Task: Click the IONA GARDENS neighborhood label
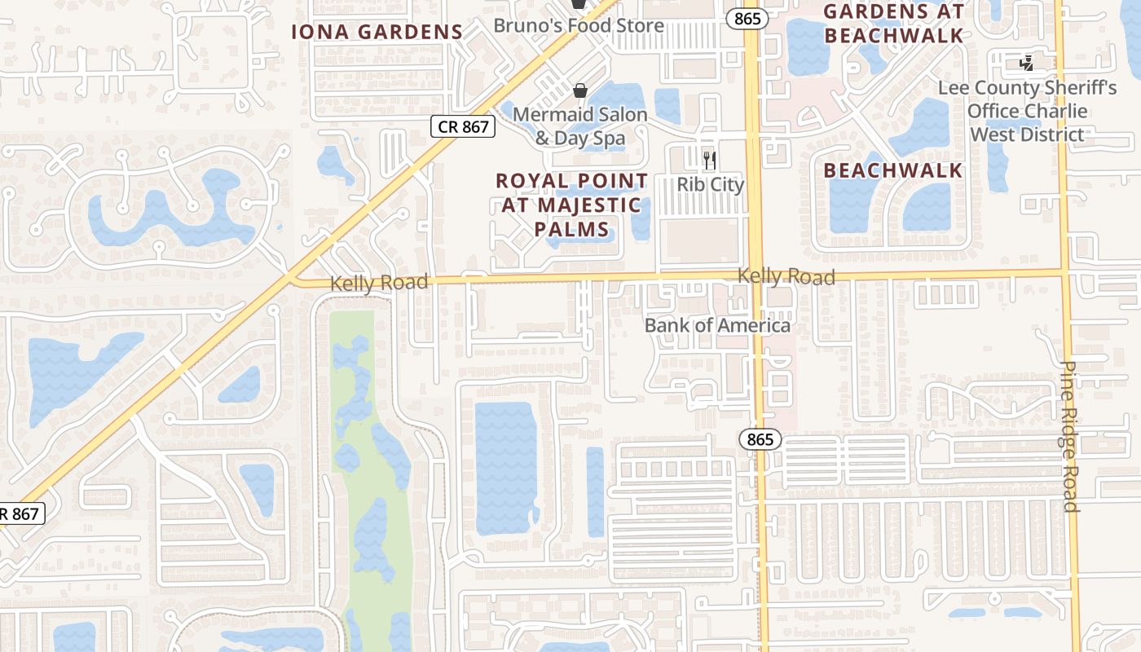coord(377,32)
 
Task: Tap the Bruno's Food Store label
coord(579,25)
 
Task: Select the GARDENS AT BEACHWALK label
coord(893,23)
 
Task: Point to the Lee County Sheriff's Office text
coord(1027,111)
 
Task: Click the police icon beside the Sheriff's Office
coord(1027,63)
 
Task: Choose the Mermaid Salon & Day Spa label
coord(580,126)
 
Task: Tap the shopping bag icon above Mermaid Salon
coord(579,90)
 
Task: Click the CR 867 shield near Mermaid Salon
coord(463,126)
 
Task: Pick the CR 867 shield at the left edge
coord(20,514)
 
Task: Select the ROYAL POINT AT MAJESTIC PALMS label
coord(572,205)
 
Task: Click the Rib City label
coord(711,184)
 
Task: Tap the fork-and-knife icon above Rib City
coord(710,159)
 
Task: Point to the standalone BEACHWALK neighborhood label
coord(893,170)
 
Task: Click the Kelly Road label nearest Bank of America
coord(786,277)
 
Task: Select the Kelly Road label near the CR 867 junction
coord(379,283)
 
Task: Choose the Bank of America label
coord(717,325)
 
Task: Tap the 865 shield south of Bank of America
coord(760,440)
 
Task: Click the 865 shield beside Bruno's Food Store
coord(747,19)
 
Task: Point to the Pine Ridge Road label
coord(1070,437)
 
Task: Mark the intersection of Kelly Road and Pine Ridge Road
coord(1065,272)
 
